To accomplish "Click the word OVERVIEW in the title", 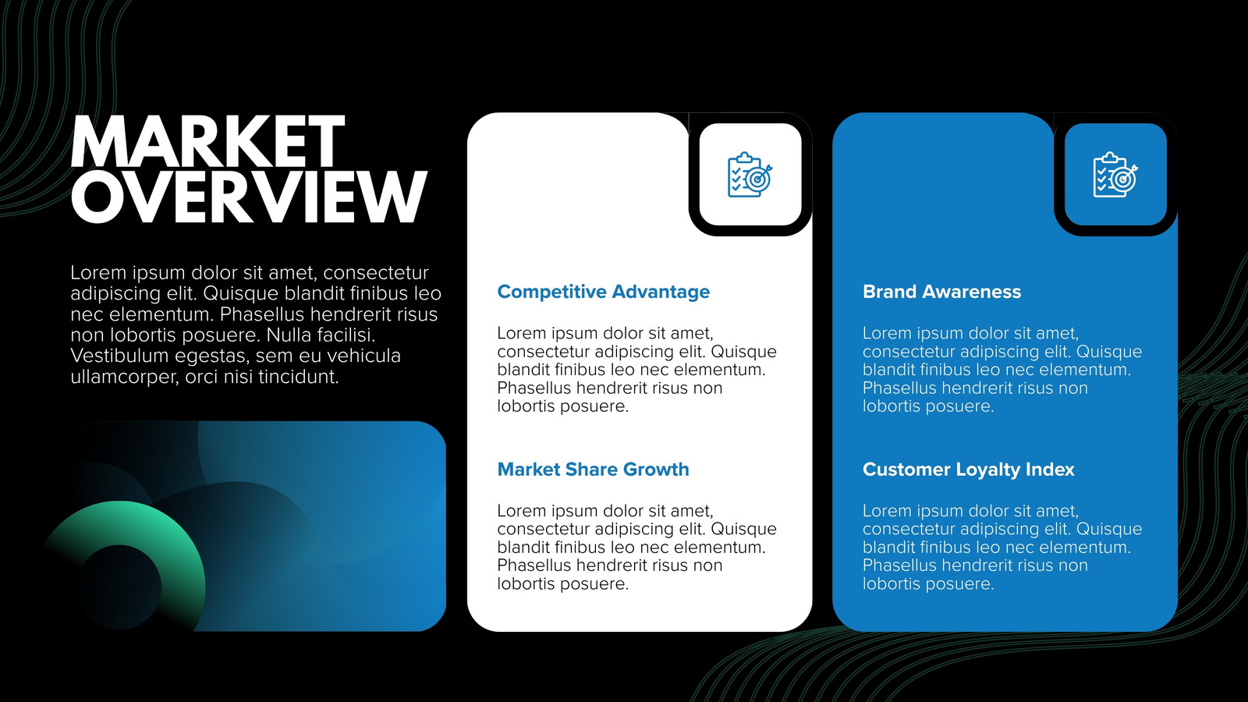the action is [x=249, y=196].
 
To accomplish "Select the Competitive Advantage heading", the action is [x=604, y=292].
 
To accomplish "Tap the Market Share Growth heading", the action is [x=593, y=469].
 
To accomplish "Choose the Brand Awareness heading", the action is [x=941, y=292].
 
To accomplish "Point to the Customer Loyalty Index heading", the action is [x=968, y=470].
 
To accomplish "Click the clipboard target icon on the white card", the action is [x=750, y=175].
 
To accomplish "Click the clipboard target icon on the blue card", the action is [x=1115, y=175].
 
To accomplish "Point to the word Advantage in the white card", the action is [x=660, y=292].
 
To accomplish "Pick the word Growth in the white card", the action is [x=656, y=469].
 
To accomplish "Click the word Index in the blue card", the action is [x=1048, y=469].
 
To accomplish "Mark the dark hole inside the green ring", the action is [x=120, y=587].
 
